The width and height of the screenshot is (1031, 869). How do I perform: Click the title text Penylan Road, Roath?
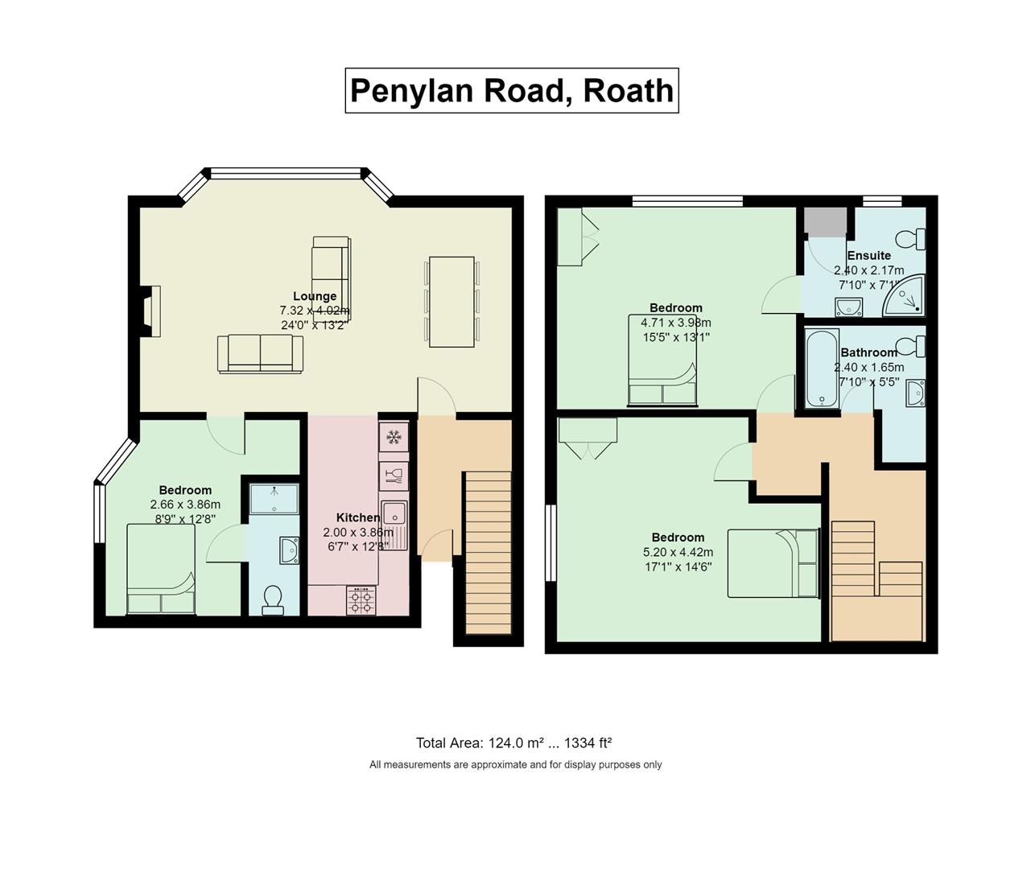tap(512, 90)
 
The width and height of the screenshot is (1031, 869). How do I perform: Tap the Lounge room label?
tap(315, 296)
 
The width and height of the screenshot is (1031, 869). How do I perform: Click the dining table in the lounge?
tap(452, 302)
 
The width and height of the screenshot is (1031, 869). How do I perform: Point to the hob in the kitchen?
tap(361, 600)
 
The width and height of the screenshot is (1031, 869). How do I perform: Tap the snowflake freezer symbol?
tap(394, 438)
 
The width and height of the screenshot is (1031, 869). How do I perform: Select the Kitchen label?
tap(357, 517)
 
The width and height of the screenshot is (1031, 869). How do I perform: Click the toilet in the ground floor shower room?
tap(273, 599)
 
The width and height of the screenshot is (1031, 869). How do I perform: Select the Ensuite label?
tap(868, 255)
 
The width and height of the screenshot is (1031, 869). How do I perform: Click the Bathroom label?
tap(868, 352)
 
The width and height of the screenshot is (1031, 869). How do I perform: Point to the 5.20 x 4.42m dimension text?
tap(678, 552)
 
